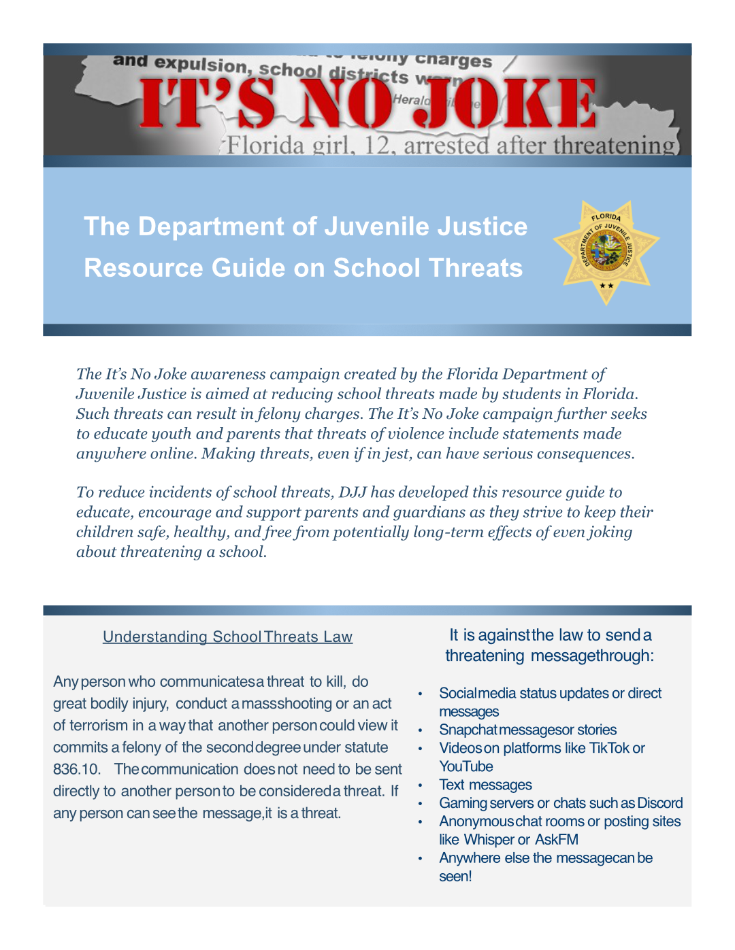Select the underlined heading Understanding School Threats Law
point(227,637)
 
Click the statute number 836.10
point(76,769)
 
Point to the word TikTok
point(609,748)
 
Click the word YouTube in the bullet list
point(466,766)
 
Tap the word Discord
point(660,803)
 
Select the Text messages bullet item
point(485,785)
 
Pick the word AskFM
point(557,840)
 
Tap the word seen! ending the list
point(455,877)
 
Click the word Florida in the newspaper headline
point(265,146)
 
